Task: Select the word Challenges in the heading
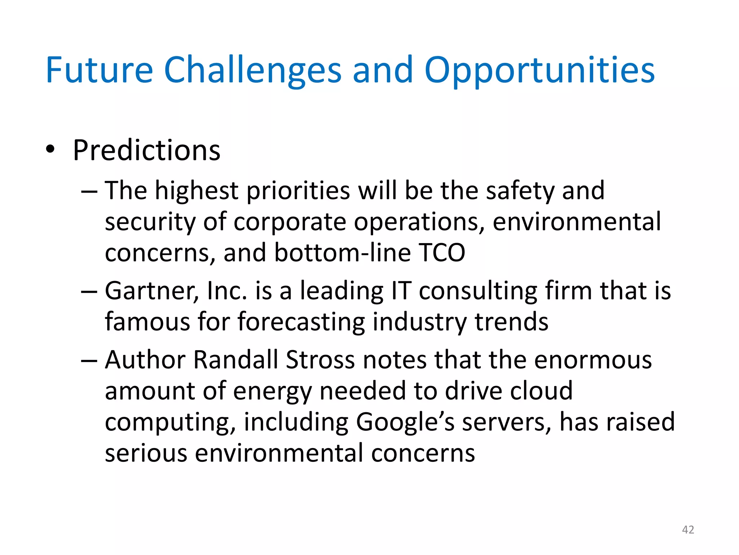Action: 253,70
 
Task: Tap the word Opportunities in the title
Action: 539,70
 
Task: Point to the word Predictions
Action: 147,150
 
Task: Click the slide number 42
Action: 688,530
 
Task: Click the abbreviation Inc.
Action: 227,291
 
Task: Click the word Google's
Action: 405,422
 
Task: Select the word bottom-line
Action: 342,253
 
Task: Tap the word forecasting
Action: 301,322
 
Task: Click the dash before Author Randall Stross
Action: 89,361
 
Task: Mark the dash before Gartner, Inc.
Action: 89,292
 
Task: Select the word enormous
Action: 593,360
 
